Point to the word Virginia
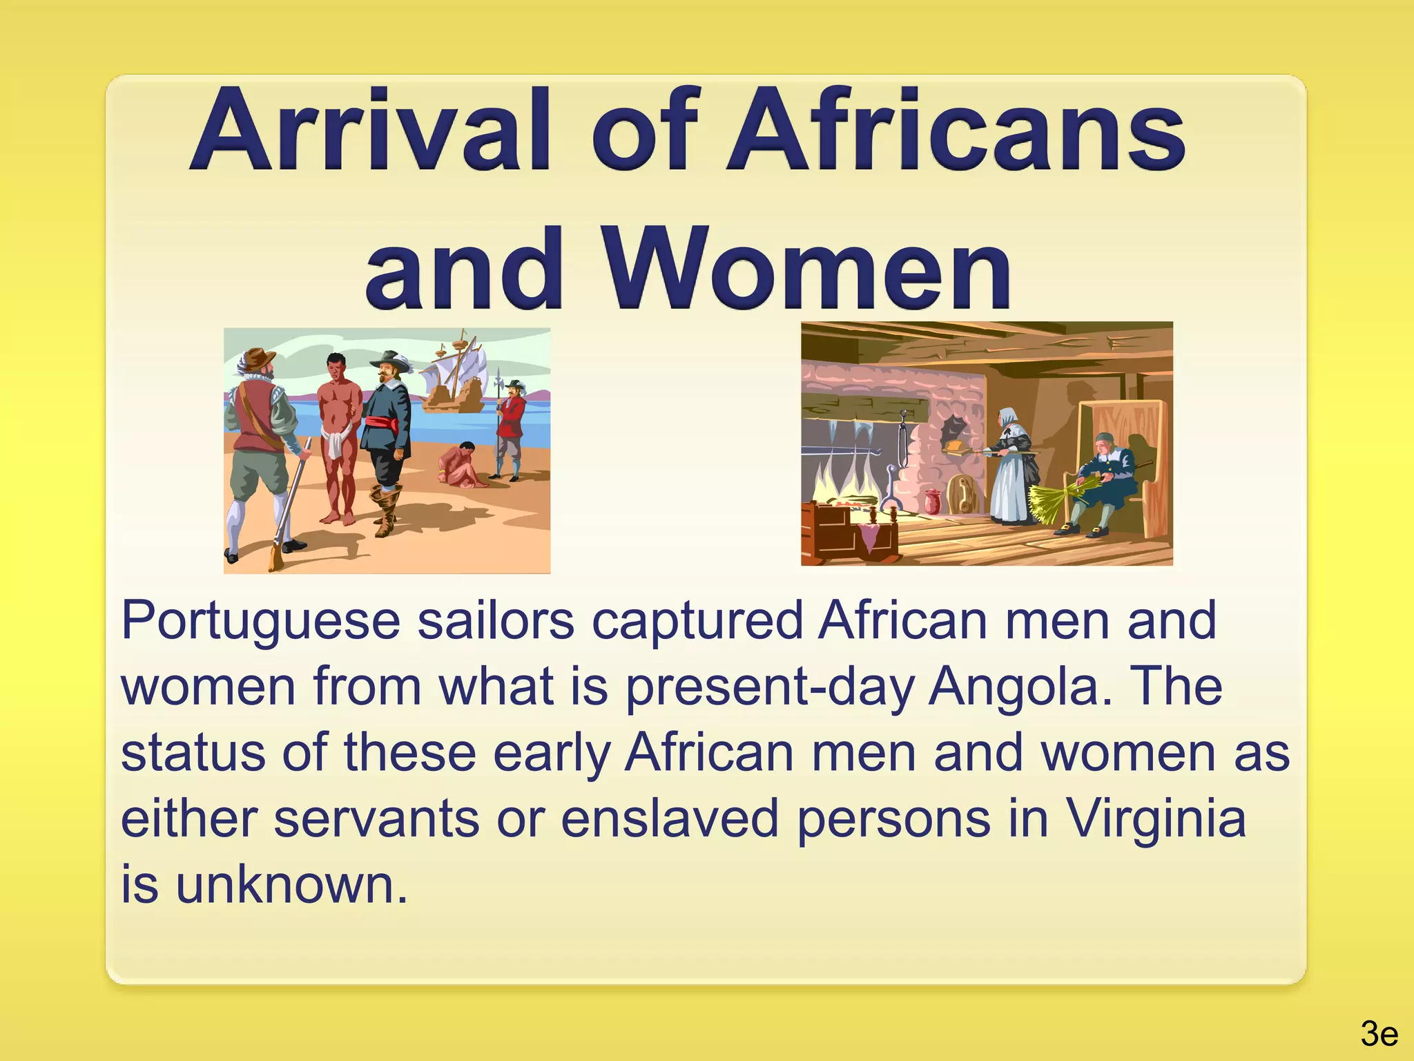coord(1156,819)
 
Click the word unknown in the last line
coord(290,885)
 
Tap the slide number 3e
coord(1379,1035)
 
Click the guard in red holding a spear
coord(510,428)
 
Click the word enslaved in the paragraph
coord(669,819)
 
